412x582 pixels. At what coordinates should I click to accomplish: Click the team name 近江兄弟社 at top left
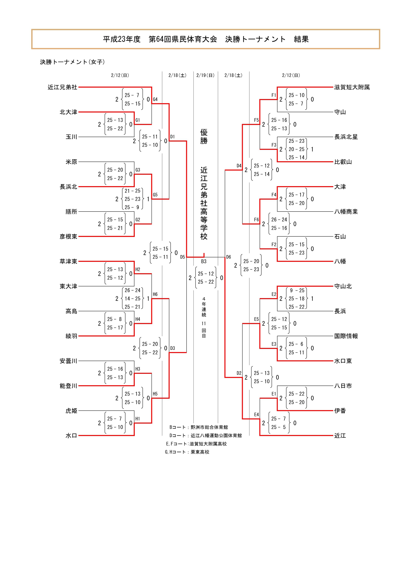click(62, 87)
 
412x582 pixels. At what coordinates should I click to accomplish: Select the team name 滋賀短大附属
click(352, 87)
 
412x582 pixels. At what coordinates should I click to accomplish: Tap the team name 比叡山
click(343, 162)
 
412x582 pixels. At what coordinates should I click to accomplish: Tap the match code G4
click(155, 99)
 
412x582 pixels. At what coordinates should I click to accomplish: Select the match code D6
click(229, 257)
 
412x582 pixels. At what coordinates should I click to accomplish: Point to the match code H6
click(155, 294)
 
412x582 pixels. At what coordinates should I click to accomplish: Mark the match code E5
click(257, 319)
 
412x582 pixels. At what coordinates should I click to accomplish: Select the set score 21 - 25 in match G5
click(132, 191)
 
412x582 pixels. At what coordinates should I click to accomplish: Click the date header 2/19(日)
click(205, 75)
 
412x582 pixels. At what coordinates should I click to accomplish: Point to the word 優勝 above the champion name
click(204, 136)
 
